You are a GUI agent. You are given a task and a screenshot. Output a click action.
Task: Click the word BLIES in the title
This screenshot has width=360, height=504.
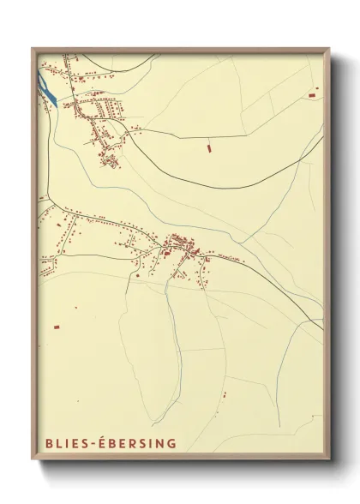(63, 443)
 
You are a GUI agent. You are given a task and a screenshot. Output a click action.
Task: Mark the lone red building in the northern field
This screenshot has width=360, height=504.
(208, 149)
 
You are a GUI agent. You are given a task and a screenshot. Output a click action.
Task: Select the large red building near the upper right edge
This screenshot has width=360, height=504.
(314, 90)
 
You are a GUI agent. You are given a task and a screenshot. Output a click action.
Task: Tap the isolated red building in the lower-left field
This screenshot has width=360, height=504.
(57, 326)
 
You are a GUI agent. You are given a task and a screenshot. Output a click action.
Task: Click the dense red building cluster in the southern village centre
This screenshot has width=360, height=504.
(182, 246)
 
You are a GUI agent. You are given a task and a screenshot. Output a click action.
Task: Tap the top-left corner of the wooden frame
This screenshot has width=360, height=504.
(33, 49)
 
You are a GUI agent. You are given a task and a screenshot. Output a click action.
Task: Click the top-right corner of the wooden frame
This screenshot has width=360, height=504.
(330, 49)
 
